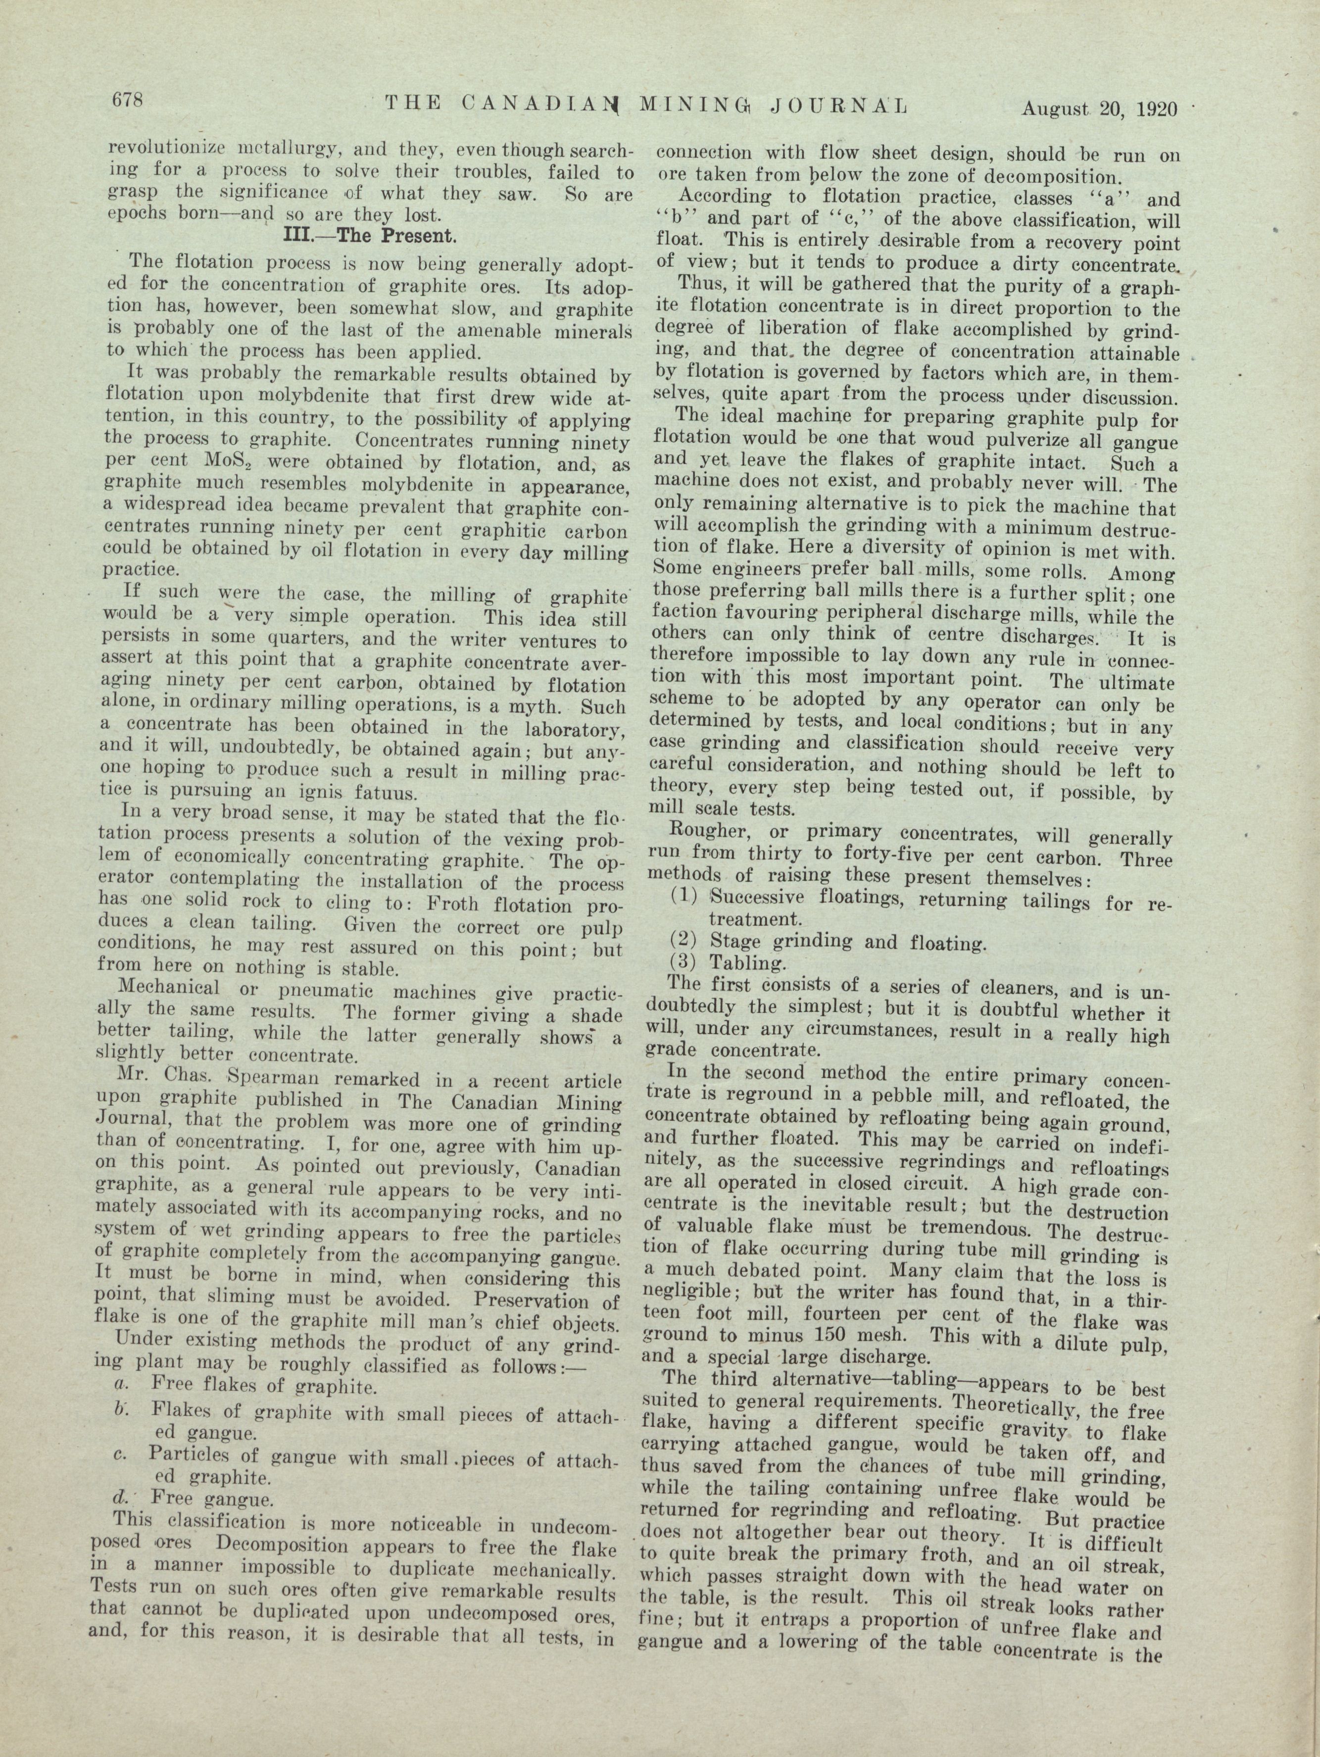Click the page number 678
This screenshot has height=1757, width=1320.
pos(126,101)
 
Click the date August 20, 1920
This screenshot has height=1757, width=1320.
pos(1098,108)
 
